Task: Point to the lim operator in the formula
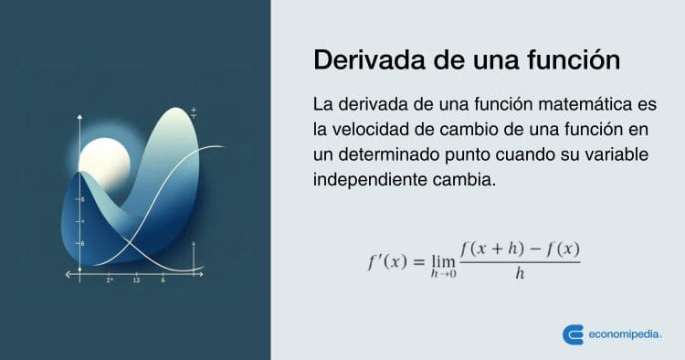(445, 259)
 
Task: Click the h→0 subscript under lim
(445, 276)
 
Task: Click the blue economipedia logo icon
(574, 334)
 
